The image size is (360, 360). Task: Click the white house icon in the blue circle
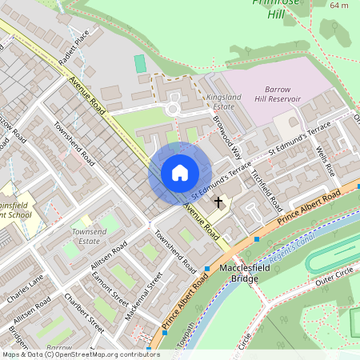point(180,173)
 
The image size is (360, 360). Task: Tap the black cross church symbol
point(218,203)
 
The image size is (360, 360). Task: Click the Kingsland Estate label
point(223,101)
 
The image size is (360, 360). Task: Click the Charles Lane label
point(25,292)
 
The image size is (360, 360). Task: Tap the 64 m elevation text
point(338,6)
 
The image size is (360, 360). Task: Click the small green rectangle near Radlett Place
point(141,63)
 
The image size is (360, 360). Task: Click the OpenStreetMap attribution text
point(80,354)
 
